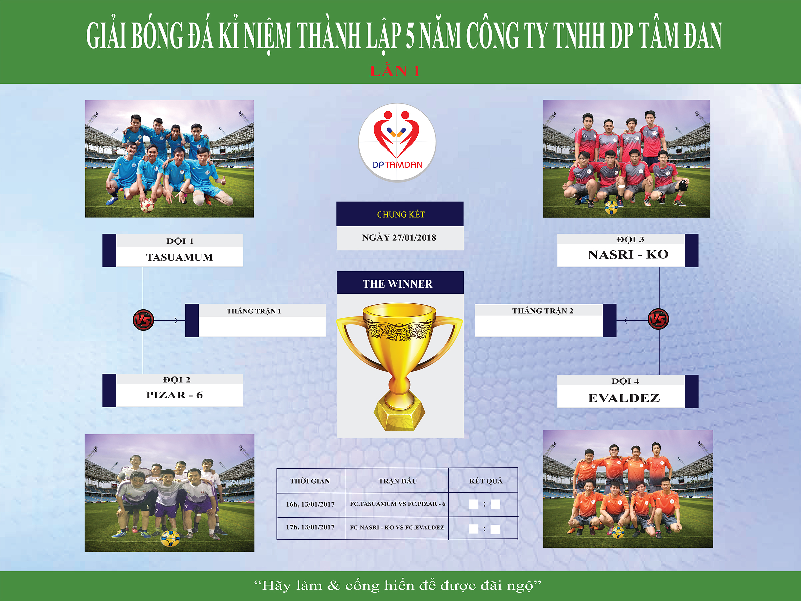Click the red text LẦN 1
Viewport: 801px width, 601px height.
[x=395, y=71]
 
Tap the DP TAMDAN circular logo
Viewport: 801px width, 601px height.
[x=397, y=142]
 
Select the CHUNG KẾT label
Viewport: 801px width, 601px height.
[x=400, y=215]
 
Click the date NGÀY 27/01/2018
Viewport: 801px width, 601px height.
[x=399, y=238]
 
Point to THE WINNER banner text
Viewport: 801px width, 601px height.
[x=398, y=284]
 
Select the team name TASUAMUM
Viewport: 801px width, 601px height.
[x=179, y=257]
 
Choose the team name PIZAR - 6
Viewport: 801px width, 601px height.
[x=174, y=395]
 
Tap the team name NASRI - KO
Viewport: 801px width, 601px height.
[x=628, y=255]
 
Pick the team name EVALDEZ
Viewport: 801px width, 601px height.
[x=624, y=398]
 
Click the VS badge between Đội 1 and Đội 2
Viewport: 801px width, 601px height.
[x=143, y=320]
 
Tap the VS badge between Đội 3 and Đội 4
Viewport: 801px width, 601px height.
[x=658, y=319]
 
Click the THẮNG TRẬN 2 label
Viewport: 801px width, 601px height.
[x=543, y=310]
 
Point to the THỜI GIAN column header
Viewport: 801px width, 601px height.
[x=310, y=481]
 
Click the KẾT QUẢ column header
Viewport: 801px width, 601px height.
[x=486, y=481]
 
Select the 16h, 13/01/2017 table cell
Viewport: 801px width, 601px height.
[x=310, y=504]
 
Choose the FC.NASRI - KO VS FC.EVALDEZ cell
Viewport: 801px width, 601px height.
[x=397, y=527]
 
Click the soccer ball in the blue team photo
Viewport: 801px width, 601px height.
[x=147, y=206]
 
